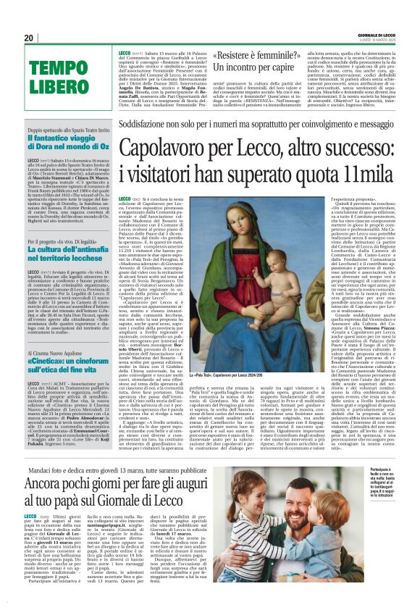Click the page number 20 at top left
(29, 38)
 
